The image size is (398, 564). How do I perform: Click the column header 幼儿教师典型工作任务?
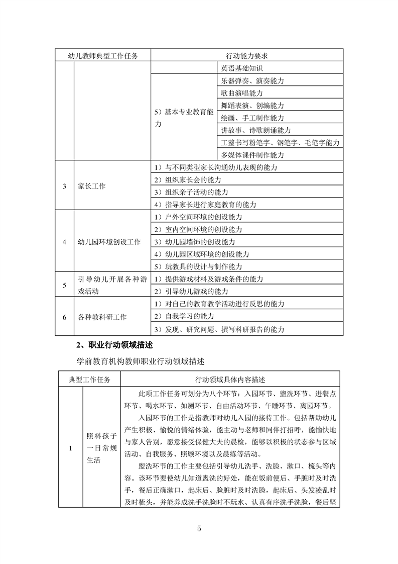tap(103, 55)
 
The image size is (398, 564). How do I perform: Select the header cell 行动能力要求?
tap(247, 55)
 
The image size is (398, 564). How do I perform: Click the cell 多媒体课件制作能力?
tap(252, 155)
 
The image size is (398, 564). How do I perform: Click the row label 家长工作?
tap(92, 186)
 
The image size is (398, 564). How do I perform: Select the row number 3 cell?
tap(64, 186)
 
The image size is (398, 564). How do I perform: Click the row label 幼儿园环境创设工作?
tap(109, 242)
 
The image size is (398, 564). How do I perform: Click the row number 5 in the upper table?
tap(64, 285)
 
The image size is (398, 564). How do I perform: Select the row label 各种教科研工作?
tap(102, 317)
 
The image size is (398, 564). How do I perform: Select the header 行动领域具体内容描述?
tap(231, 379)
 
